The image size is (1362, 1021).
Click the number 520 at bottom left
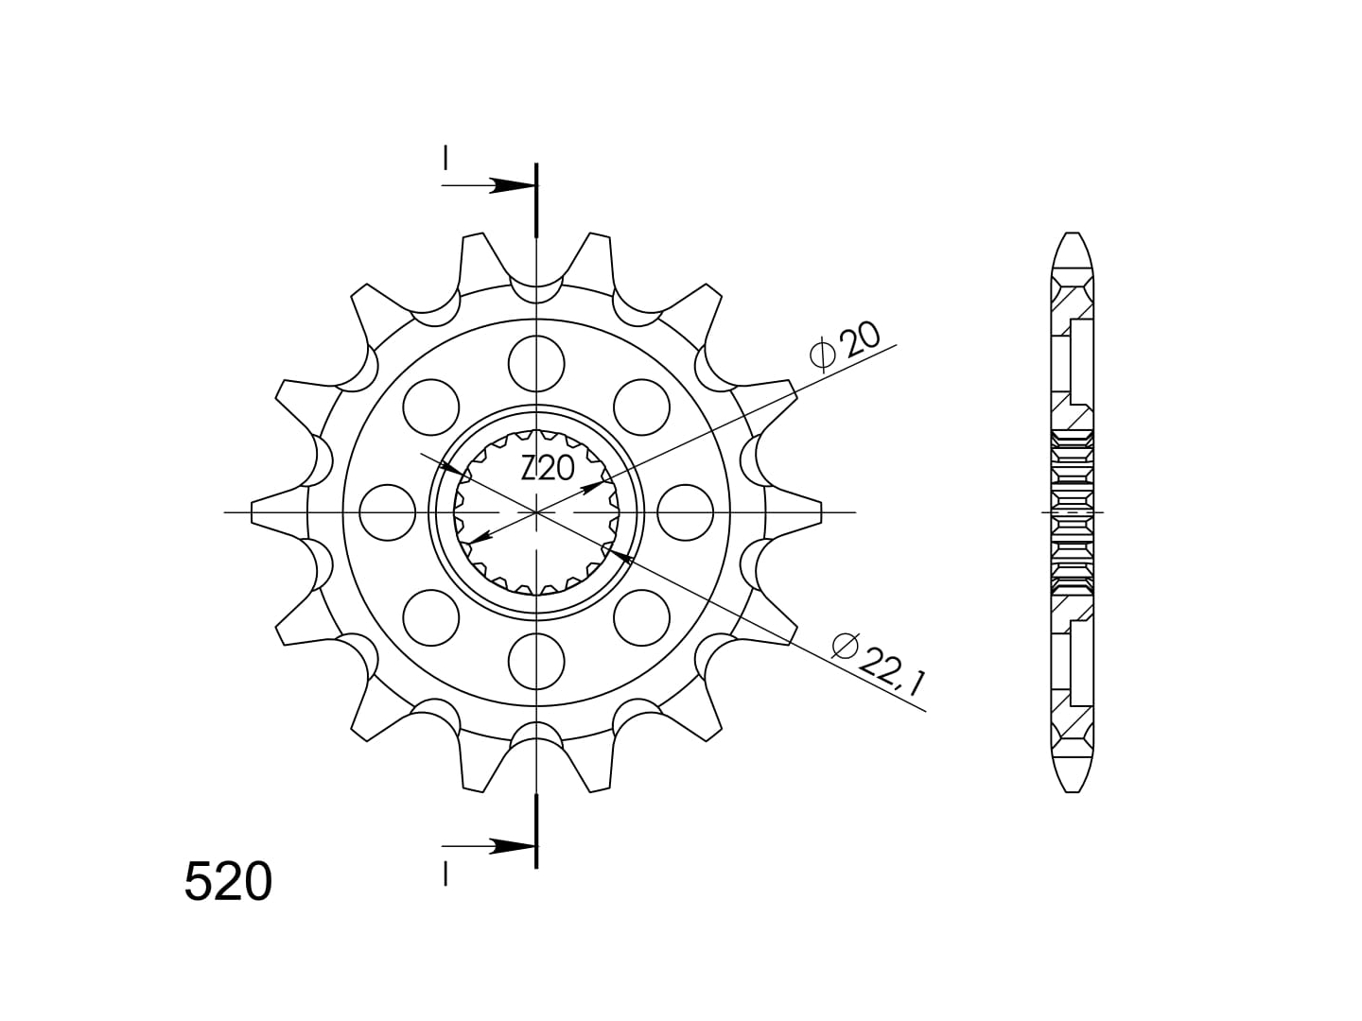[228, 881]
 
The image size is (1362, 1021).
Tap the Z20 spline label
[548, 468]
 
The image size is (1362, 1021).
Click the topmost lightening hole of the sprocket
[536, 364]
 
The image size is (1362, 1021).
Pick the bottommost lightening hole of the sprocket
[536, 662]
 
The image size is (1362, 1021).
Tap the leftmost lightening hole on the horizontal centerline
[387, 512]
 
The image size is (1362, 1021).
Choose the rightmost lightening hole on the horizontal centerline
[685, 512]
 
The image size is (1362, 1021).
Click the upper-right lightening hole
[641, 407]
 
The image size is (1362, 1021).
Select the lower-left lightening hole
[430, 618]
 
